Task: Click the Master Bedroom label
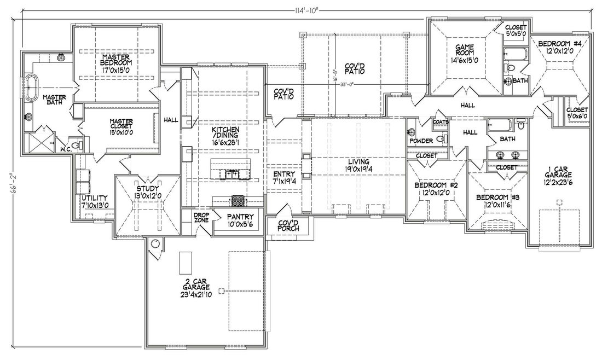(116, 62)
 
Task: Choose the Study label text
(147, 191)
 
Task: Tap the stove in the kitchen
(238, 201)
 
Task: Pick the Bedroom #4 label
(555, 47)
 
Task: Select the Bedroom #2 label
(436, 189)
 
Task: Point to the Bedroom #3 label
(497, 201)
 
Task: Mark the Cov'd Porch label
(289, 225)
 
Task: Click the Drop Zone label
(201, 218)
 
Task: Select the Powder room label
(421, 141)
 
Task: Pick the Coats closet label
(441, 122)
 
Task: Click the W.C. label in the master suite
(66, 149)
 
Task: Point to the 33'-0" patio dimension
(346, 85)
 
